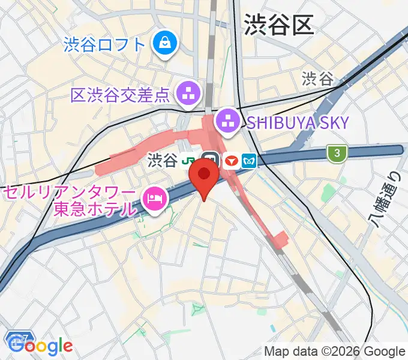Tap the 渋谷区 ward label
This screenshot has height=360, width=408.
(280, 25)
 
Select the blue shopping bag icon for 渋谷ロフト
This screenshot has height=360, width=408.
(163, 43)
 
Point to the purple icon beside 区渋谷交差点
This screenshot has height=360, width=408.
(187, 94)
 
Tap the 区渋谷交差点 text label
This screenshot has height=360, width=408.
(121, 95)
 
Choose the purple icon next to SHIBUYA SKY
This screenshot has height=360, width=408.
(227, 122)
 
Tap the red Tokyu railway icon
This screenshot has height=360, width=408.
(230, 161)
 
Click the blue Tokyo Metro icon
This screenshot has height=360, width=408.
(249, 161)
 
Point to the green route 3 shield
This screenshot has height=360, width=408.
(338, 154)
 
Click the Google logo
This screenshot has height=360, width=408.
(41, 346)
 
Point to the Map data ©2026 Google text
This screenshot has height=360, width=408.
(335, 351)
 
